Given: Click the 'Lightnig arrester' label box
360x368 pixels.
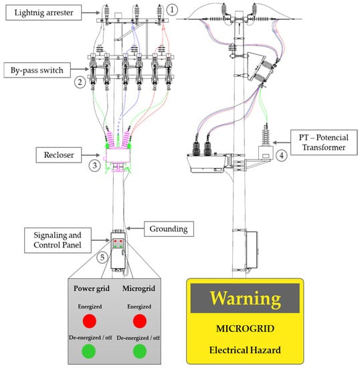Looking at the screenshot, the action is tap(43, 13).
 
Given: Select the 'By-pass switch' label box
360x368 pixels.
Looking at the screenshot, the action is tap(37, 70).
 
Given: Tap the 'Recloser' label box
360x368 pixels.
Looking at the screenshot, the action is tap(59, 155).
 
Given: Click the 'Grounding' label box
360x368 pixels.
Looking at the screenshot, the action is tap(169, 229).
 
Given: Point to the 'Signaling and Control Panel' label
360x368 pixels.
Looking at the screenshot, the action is tap(58, 240).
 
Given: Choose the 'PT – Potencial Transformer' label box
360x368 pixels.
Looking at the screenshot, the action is tap(324, 143).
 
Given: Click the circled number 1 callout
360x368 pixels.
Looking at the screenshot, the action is tap(172, 10).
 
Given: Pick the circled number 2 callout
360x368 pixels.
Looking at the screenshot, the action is tap(80, 82).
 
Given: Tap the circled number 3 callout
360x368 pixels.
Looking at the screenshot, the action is tap(94, 165).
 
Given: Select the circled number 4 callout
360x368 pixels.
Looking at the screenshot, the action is tap(282, 155).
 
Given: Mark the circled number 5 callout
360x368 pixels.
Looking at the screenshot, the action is tap(102, 257).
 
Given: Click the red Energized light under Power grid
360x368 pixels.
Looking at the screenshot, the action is tap(90, 321).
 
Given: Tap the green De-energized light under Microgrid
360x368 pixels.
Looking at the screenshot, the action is tap(140, 351).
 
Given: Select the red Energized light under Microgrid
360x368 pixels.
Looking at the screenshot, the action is tap(140, 321).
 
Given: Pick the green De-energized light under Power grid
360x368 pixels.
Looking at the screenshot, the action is tap(88, 351).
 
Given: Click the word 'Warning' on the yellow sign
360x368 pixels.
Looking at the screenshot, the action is tap(245, 298).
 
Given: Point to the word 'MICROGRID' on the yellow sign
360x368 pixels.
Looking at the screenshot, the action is tap(245, 329).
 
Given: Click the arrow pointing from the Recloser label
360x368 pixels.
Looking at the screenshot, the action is tap(91, 155).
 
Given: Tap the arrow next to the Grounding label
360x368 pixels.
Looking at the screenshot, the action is tap(135, 228).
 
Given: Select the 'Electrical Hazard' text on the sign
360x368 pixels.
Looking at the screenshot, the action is tap(245, 350).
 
